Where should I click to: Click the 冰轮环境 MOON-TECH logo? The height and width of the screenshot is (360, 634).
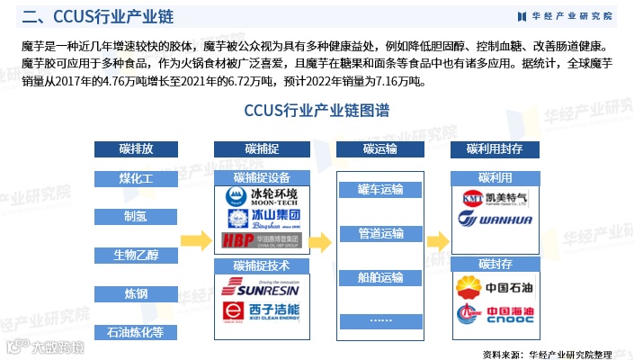pyautogui.click(x=262, y=196)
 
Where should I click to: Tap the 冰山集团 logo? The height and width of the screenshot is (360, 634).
pyautogui.click(x=262, y=219)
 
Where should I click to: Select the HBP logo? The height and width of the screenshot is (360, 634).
pyautogui.click(x=262, y=240)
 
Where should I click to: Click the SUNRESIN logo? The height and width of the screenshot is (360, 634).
pyautogui.click(x=262, y=288)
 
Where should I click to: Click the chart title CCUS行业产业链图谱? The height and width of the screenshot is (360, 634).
pyautogui.click(x=317, y=112)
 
